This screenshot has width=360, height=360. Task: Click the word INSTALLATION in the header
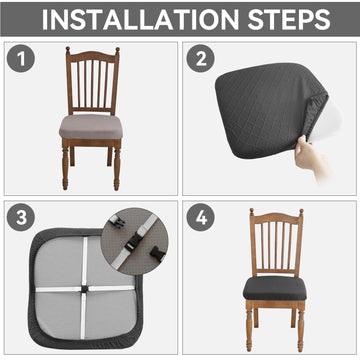tap(140, 20)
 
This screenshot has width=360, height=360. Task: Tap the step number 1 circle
tap(21, 58)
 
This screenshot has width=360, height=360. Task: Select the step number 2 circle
tap(200, 58)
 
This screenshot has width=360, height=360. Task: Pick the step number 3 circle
tap(21, 218)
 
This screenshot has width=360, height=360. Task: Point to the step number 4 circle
tap(200, 218)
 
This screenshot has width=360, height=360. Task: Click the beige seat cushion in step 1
tap(91, 127)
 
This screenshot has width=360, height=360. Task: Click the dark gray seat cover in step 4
tap(274, 288)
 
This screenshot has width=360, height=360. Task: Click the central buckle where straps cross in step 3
tap(83, 289)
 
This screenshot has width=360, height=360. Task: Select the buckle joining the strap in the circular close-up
tap(134, 242)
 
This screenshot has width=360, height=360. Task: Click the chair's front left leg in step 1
tap(65, 167)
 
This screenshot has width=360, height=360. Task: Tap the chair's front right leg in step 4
tap(301, 327)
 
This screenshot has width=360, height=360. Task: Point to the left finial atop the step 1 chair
tap(68, 50)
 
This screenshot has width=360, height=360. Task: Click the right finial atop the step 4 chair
tap(301, 212)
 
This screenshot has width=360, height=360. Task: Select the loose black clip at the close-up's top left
tap(118, 222)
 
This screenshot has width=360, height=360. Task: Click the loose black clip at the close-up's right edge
tap(158, 253)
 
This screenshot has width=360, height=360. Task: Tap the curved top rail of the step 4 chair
tap(277, 218)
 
